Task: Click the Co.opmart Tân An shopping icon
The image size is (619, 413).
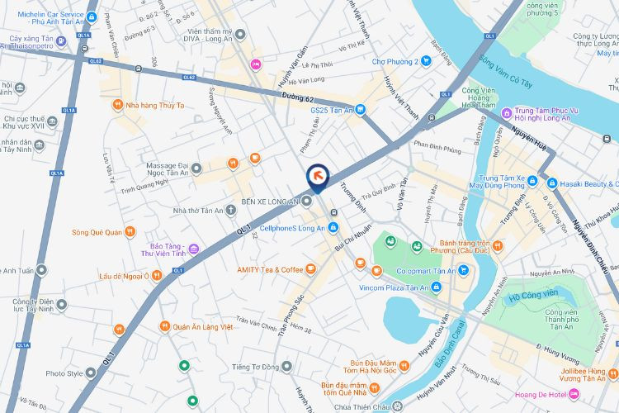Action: tap(464, 270)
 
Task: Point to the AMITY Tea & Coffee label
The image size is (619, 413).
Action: tap(270, 269)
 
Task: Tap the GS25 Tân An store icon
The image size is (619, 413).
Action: tap(360, 110)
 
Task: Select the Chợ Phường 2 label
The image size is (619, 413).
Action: tap(395, 61)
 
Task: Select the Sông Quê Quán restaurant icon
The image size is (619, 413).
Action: tap(130, 232)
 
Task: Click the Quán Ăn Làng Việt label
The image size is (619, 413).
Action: tap(203, 327)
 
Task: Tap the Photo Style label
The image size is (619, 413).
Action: tap(64, 373)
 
